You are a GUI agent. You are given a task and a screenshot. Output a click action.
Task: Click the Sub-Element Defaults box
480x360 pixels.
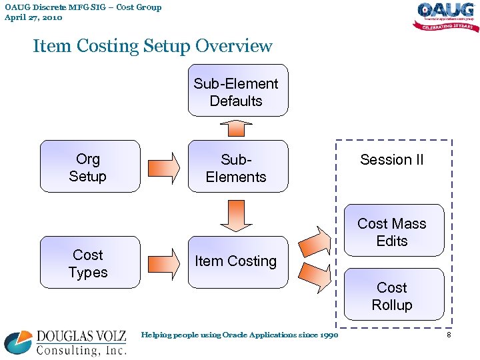(x=238, y=91)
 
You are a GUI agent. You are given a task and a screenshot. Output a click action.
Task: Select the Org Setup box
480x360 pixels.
(x=90, y=166)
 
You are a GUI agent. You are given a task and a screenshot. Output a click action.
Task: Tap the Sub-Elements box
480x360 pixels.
(x=238, y=167)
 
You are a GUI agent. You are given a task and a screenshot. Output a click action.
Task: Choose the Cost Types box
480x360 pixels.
(x=90, y=262)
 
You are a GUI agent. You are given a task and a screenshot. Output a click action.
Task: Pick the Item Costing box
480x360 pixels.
(x=238, y=261)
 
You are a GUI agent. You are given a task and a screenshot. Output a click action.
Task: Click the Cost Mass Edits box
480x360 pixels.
(x=393, y=231)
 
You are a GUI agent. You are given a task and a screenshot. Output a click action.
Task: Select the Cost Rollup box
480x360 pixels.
(x=393, y=295)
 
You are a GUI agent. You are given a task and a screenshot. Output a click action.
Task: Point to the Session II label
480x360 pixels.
(x=392, y=160)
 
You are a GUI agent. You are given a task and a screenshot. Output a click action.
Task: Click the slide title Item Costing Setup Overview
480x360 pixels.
(x=153, y=46)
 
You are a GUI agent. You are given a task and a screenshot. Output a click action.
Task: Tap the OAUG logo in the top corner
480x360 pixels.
(x=445, y=17)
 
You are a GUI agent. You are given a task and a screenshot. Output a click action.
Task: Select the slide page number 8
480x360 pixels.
(x=449, y=335)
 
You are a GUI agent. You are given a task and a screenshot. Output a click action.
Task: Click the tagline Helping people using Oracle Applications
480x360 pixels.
(x=239, y=335)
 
